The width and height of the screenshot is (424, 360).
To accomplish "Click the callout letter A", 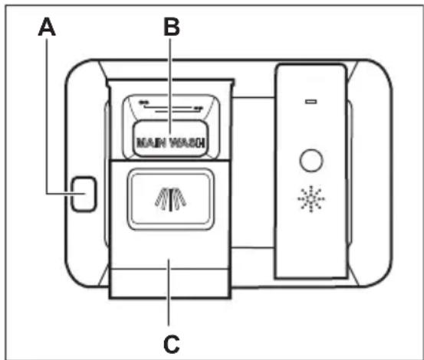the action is pos(47,27).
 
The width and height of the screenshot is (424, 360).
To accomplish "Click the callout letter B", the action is pos(172,27).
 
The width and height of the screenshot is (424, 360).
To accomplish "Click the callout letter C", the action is pos(172,344).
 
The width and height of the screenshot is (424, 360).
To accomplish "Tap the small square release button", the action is pos(84,194).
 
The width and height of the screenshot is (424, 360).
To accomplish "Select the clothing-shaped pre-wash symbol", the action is pos(170,199).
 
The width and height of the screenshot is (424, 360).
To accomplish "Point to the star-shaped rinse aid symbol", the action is pos(311,199).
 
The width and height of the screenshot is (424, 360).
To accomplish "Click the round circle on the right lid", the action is pos(311,160).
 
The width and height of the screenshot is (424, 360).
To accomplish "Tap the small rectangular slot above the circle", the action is pos(311,102).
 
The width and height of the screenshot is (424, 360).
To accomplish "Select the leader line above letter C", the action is pos(169,292).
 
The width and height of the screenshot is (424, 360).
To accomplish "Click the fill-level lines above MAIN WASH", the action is pos(171,109).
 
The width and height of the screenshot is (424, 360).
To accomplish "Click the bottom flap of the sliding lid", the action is pos(170,283).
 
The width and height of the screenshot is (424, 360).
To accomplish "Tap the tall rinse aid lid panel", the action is pos(311,172).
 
